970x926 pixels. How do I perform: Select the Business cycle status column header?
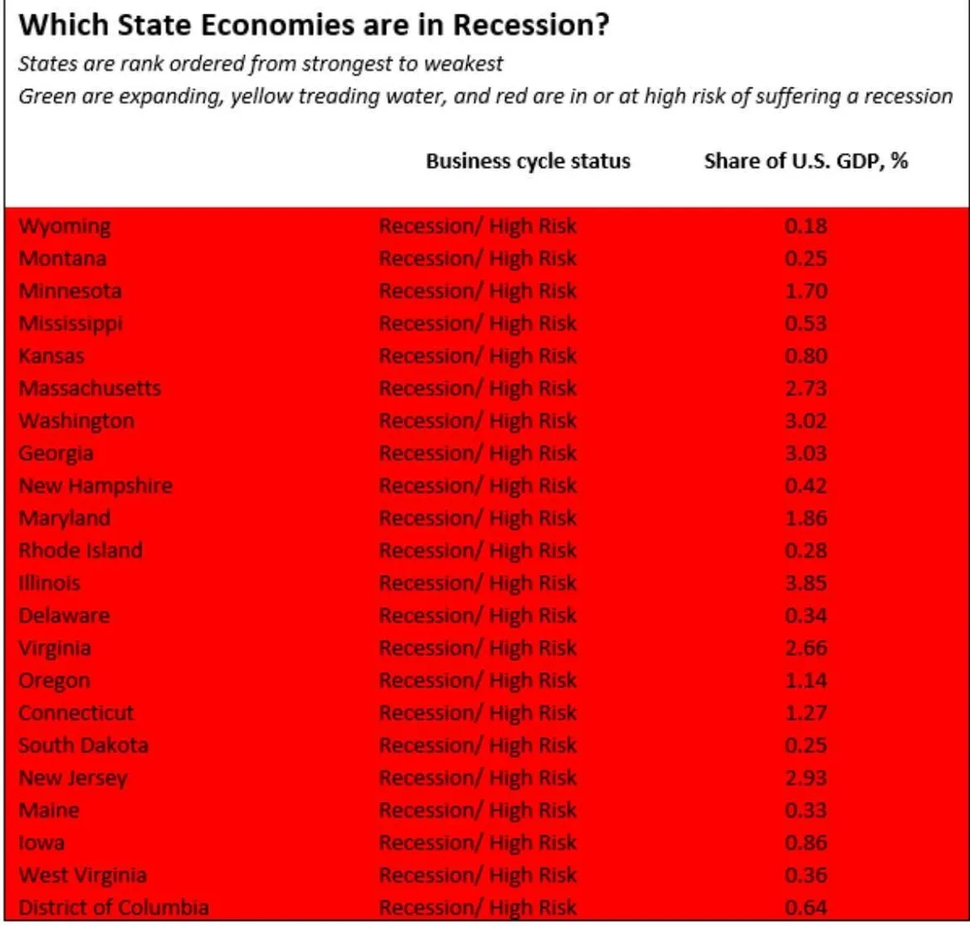[x=528, y=161]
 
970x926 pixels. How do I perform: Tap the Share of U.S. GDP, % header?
[x=806, y=161]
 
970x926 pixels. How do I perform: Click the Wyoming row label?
[x=65, y=226]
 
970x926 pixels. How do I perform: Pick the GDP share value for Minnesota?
[x=806, y=291]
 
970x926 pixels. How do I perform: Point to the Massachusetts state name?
[x=90, y=388]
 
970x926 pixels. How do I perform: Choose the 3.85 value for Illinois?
[x=806, y=583]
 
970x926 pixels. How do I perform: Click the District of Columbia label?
[x=113, y=907]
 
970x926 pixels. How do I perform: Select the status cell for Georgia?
[x=478, y=453]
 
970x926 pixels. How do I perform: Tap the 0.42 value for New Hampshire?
[x=806, y=486]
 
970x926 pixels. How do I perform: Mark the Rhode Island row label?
[x=81, y=551]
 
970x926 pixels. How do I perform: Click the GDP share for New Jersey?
[x=806, y=778]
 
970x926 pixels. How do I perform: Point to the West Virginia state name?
[x=82, y=875]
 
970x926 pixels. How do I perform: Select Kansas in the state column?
[x=52, y=356]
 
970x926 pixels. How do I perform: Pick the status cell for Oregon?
[x=478, y=680]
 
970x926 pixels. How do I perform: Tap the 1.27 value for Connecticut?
[x=806, y=713]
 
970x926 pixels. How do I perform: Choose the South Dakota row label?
[x=83, y=746]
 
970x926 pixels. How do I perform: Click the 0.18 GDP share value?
[x=806, y=226]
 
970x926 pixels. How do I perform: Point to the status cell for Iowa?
[x=478, y=843]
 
